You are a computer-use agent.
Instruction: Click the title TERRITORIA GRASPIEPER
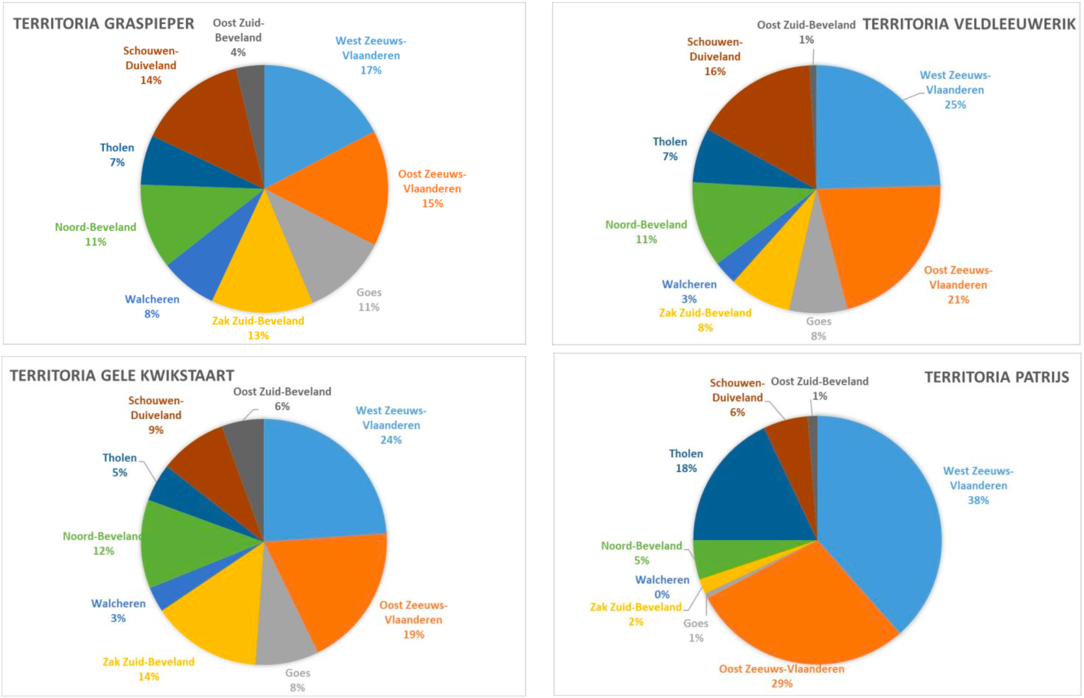(x=103, y=24)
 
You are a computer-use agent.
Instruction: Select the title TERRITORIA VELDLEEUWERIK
(x=968, y=24)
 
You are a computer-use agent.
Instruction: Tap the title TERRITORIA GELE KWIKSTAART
(x=122, y=376)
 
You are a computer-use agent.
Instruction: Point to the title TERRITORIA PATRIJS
(x=996, y=377)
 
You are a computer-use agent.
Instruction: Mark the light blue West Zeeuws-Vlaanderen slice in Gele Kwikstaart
(x=321, y=482)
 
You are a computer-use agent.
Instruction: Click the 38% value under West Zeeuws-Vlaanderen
(x=978, y=501)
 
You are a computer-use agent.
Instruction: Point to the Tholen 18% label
(x=686, y=461)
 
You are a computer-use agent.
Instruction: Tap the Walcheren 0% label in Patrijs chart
(x=662, y=587)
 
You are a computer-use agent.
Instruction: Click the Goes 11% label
(x=369, y=300)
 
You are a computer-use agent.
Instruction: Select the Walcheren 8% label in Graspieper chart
(x=152, y=306)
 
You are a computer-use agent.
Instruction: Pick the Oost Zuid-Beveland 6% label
(x=282, y=399)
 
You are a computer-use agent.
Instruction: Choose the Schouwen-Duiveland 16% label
(x=714, y=56)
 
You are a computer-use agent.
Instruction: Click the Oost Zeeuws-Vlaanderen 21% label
(x=958, y=285)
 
